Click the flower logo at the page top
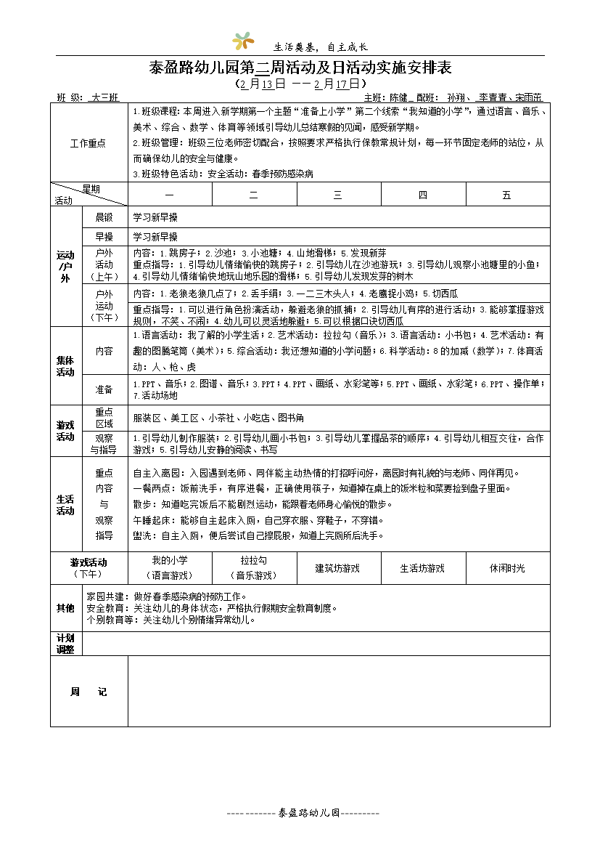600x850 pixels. tap(243, 42)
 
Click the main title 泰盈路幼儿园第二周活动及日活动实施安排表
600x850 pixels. tap(300, 68)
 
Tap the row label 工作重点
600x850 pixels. tap(88, 143)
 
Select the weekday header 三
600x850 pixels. tap(338, 195)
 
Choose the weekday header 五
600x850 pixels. tap(507, 195)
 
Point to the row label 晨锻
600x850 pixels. tap(104, 217)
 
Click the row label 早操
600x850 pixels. tap(104, 237)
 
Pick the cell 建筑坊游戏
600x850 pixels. tap(338, 568)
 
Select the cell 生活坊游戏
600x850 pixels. tap(422, 568)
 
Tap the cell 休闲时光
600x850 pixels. tap(507, 568)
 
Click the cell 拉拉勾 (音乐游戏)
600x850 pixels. tap(254, 568)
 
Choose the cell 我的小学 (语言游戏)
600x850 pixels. tap(170, 568)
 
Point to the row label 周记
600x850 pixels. tap(88, 692)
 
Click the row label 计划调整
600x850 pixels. tap(65, 644)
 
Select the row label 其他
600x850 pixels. tap(65, 607)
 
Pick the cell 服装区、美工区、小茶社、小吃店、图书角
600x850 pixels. tap(218, 418)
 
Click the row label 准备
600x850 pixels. tap(104, 389)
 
